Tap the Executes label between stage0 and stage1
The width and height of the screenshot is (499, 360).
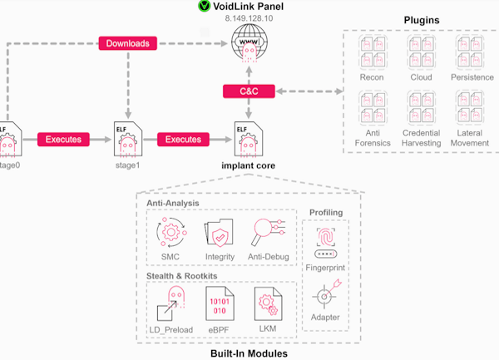(63, 139)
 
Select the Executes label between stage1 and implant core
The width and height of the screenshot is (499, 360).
(183, 139)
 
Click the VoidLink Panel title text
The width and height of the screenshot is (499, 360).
(254, 6)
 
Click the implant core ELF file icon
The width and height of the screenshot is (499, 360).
(247, 139)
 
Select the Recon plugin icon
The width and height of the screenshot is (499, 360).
(371, 48)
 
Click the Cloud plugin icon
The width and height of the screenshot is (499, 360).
(421, 48)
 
